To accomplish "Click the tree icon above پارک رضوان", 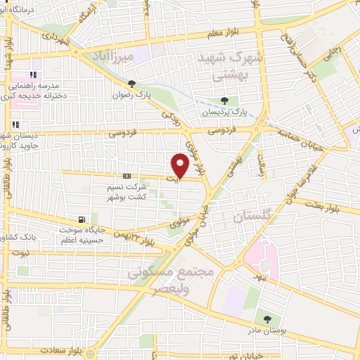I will (131, 83).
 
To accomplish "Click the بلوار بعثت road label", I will (342, 204).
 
